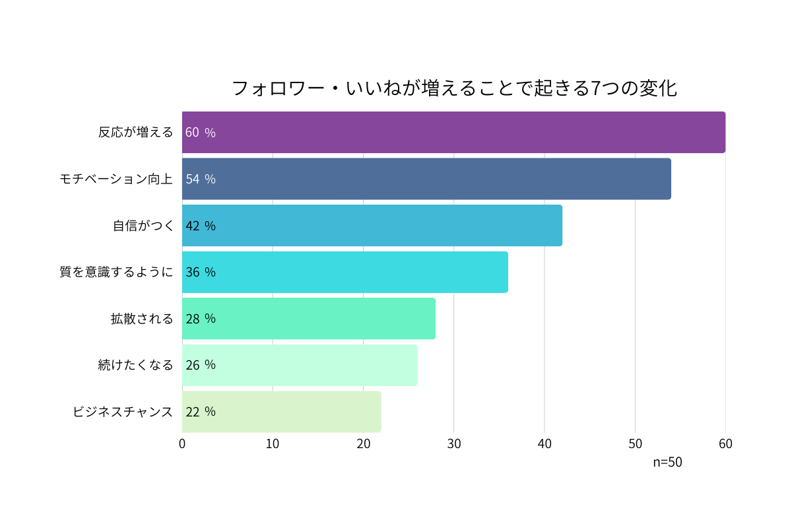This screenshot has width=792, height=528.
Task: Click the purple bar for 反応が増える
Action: (x=453, y=132)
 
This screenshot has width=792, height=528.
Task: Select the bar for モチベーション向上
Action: (x=426, y=179)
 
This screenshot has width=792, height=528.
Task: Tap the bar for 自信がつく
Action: (x=372, y=226)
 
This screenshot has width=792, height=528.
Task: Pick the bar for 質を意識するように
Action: (x=345, y=272)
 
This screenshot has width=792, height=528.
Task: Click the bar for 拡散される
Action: (x=309, y=319)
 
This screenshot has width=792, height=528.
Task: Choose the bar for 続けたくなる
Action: (x=300, y=365)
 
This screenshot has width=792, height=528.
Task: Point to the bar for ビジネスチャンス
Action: (x=282, y=412)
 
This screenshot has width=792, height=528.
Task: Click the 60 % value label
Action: (x=200, y=132)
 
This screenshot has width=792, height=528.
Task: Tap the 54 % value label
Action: (x=200, y=179)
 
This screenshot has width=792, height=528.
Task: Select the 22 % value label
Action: (x=200, y=412)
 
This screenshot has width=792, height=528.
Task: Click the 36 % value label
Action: (x=200, y=272)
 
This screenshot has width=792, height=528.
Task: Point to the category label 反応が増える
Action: (x=135, y=132)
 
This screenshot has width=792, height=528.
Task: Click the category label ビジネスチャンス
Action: (x=123, y=412)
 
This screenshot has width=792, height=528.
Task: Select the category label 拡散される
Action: (x=142, y=319)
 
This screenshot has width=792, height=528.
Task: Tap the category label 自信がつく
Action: (x=143, y=226)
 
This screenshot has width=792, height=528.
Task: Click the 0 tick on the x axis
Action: (x=182, y=444)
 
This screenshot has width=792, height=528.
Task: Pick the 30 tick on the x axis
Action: (x=454, y=444)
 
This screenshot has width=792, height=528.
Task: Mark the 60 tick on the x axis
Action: (x=725, y=444)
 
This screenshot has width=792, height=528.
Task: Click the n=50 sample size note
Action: (x=667, y=462)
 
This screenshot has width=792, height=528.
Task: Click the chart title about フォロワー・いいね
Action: (x=454, y=88)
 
